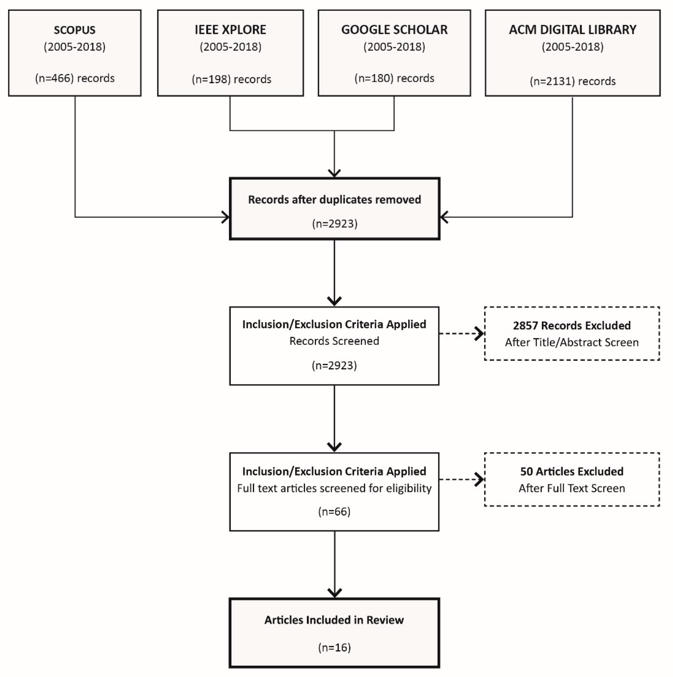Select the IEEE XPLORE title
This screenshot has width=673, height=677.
pyautogui.click(x=231, y=30)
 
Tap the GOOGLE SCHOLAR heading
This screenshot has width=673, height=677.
pyautogui.click(x=395, y=30)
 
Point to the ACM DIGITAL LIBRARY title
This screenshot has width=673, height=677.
pyautogui.click(x=573, y=30)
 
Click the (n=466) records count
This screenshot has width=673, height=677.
pyautogui.click(x=75, y=78)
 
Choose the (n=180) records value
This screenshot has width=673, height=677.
pyautogui.click(x=395, y=78)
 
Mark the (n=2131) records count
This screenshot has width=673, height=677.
pyautogui.click(x=573, y=81)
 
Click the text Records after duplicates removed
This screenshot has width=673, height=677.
pyautogui.click(x=334, y=200)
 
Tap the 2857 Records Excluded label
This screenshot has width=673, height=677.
pyautogui.click(x=572, y=326)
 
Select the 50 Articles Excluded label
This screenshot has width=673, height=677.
pyautogui.click(x=572, y=471)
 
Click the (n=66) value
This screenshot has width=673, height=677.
pyautogui.click(x=334, y=512)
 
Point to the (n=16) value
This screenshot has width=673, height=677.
pyautogui.click(x=334, y=647)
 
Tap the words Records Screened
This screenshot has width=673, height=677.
pyautogui.click(x=334, y=341)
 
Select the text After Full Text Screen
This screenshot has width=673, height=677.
pyautogui.click(x=572, y=488)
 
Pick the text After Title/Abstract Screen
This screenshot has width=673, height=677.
pyautogui.click(x=572, y=342)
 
